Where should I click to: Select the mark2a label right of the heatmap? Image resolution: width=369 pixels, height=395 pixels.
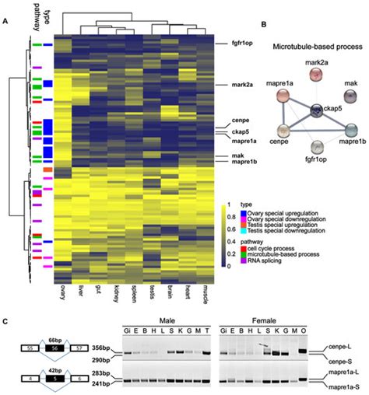coord(245,83)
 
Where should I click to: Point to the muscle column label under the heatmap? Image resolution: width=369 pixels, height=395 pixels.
coord(204,292)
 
